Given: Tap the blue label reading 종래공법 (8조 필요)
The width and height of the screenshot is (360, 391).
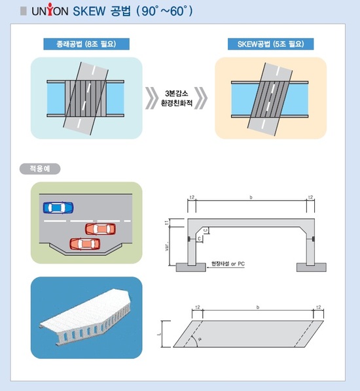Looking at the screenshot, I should [86, 44].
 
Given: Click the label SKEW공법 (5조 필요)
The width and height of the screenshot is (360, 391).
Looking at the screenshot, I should [270, 44].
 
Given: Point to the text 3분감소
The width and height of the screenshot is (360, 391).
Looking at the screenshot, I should [179, 93].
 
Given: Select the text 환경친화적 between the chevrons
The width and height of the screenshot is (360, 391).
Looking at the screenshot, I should [179, 105].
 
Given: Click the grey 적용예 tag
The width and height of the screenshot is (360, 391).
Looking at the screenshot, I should [41, 168].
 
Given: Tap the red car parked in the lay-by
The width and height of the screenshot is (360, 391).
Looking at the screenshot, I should [86, 243].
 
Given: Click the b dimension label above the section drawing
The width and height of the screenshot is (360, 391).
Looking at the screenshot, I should [251, 197].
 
